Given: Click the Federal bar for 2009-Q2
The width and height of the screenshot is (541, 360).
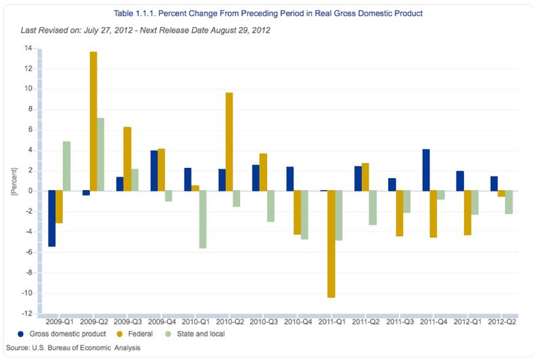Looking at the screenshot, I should [93, 121].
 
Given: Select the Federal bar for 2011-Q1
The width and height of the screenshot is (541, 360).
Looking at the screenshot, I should [331, 244].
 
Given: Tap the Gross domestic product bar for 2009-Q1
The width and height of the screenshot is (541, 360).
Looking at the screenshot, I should [51, 219].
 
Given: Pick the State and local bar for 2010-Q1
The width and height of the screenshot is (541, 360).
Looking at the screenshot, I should [202, 219].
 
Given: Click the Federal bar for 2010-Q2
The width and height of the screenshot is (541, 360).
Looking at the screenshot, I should [229, 141].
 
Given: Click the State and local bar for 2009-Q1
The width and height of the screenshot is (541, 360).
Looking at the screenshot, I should [66, 166].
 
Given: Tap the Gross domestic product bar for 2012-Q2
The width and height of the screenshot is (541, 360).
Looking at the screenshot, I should [494, 183].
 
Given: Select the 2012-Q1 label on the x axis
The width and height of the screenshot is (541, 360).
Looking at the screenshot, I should [467, 323].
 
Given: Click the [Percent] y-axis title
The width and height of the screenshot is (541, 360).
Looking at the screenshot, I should [14, 181].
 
